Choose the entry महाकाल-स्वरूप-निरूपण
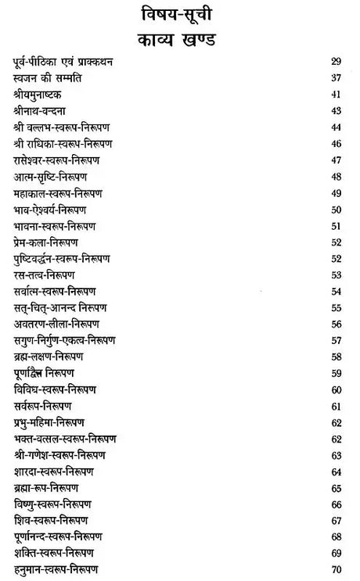(x=58, y=193)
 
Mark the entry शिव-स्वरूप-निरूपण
(x=51, y=520)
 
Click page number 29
(x=337, y=63)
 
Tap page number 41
(x=337, y=95)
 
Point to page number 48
(x=337, y=177)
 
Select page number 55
(x=337, y=307)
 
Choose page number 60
(x=337, y=389)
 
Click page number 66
(x=337, y=504)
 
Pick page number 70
(x=337, y=569)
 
